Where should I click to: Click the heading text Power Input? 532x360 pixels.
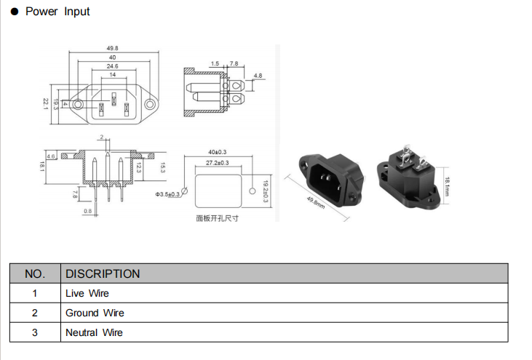[57, 12]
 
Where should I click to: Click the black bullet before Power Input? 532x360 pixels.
[14, 12]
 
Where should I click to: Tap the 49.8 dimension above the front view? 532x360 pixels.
[113, 49]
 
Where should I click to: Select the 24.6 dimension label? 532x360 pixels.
[113, 66]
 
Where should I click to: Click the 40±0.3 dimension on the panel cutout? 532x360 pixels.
[218, 152]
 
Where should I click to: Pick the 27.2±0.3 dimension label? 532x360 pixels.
[217, 163]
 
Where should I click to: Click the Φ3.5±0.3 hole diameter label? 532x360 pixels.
[167, 194]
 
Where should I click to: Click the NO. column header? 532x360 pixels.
[35, 274]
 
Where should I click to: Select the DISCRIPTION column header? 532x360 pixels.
[103, 274]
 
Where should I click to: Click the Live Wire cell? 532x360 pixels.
[87, 294]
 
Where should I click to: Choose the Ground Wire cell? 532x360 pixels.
[95, 313]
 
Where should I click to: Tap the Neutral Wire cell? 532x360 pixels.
[94, 333]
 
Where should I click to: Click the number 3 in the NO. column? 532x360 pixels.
[34, 333]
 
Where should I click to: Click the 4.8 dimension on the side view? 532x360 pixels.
[258, 76]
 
